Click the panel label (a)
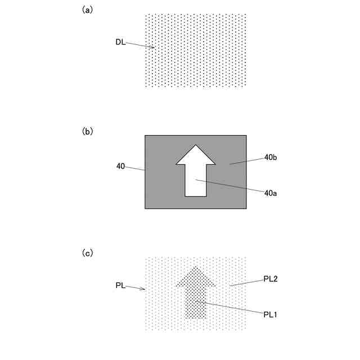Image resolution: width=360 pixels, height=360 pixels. (x=87, y=10)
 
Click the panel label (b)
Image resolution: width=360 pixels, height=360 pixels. (x=87, y=131)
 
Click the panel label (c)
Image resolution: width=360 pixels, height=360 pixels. (x=87, y=253)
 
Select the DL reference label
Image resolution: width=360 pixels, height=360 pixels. (x=120, y=42)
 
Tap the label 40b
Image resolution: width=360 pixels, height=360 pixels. (x=271, y=157)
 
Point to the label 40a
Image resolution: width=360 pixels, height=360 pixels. (x=271, y=192)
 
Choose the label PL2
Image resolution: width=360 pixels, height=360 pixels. (x=271, y=279)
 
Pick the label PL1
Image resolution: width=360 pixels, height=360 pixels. (x=271, y=314)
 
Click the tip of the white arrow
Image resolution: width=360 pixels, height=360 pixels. (x=196, y=146)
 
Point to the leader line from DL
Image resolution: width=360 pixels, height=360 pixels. (x=140, y=44)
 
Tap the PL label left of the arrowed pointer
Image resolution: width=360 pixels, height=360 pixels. (x=120, y=286)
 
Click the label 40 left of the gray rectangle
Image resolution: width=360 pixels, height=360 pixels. (x=120, y=166)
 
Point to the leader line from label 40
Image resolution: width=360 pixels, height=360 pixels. (x=136, y=168)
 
